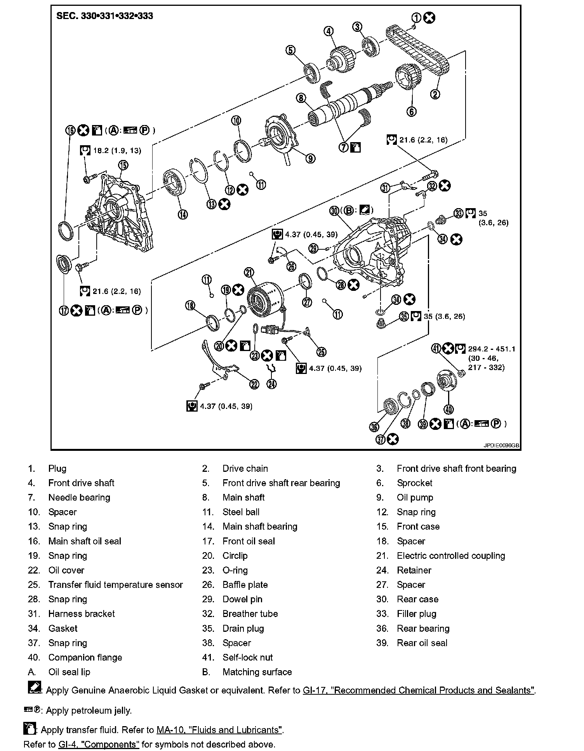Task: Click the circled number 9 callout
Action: pos(310,158)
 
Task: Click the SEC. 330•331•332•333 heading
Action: pos(105,16)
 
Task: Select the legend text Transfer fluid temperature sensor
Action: pos(115,585)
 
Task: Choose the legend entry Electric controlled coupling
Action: pos(451,556)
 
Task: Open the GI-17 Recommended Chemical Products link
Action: pos(419,690)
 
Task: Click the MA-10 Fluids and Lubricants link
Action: pos(219,730)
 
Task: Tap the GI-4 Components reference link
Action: pos(99,744)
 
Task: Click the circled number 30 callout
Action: pos(335,211)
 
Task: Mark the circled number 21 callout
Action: pos(249,272)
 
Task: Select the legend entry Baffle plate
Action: pos(245,585)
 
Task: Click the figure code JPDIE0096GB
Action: pos(501,446)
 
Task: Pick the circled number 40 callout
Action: pos(449,409)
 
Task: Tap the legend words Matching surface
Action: pos(257,672)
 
